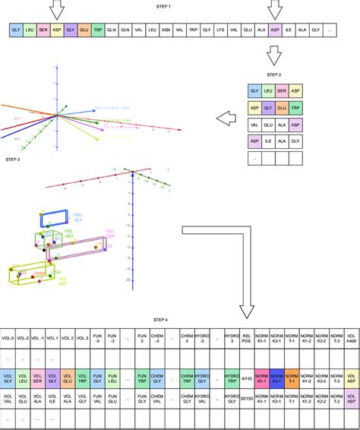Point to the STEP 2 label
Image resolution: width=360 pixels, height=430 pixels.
[273, 75]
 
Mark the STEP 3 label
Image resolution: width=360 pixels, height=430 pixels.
[13, 160]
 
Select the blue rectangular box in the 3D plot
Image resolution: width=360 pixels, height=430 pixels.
[54, 218]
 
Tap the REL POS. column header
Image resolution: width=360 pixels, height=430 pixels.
[245, 338]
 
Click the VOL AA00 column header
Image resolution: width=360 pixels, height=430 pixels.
[351, 338]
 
